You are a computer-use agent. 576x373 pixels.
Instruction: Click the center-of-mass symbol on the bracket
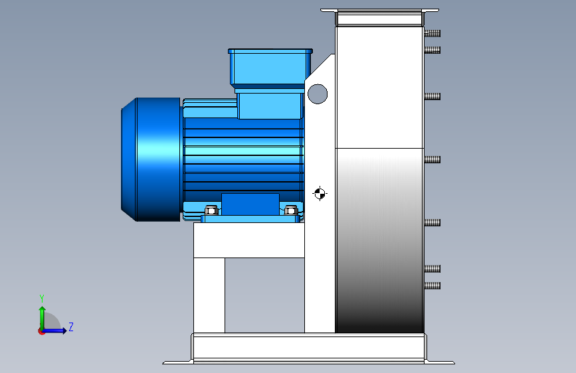320,194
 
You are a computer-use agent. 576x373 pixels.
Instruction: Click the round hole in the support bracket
318,94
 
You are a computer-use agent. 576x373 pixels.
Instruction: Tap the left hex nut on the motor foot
211,210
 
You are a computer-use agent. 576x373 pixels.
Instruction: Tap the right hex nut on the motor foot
291,210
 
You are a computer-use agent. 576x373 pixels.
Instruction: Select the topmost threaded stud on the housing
432,33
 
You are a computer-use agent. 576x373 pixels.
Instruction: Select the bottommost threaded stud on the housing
432,285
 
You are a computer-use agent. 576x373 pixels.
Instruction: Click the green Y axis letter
42,299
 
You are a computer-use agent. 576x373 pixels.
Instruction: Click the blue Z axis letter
71,327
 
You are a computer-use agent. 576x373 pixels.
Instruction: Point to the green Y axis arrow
43,319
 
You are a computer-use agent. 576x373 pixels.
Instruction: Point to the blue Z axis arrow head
64,331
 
